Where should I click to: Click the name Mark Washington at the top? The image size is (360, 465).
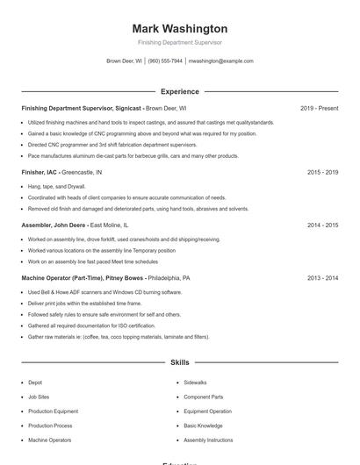179,29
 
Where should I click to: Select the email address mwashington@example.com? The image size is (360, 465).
221,61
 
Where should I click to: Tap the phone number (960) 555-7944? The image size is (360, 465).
165,61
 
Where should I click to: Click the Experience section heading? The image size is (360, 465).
179,91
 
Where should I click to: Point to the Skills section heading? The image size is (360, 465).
179,362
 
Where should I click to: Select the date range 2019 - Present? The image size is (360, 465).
319,108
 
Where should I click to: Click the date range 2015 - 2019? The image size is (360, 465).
322,173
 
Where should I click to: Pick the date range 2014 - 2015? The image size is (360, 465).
322,225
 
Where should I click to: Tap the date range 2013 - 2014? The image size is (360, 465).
322,278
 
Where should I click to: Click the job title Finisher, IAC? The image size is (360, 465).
40,173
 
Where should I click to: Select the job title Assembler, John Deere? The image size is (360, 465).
54,225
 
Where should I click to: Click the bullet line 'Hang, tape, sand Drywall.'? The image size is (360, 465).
57,187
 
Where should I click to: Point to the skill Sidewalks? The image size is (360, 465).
195,383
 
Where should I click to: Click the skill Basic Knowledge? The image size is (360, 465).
203,426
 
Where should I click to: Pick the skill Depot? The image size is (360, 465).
35,383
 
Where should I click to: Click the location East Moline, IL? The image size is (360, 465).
109,225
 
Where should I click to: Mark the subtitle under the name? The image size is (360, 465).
179,42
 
